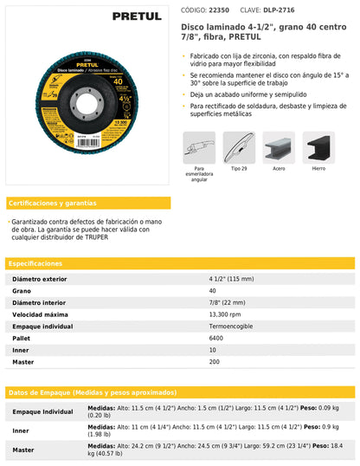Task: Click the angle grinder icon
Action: click(199, 148)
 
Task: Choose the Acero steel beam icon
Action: click(279, 148)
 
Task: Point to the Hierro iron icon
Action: click(319, 148)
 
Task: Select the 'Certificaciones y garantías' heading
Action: click(53, 204)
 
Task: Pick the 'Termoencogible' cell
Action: click(233, 326)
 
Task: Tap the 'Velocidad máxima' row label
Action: click(41, 314)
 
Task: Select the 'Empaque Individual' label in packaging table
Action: click(42, 411)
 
